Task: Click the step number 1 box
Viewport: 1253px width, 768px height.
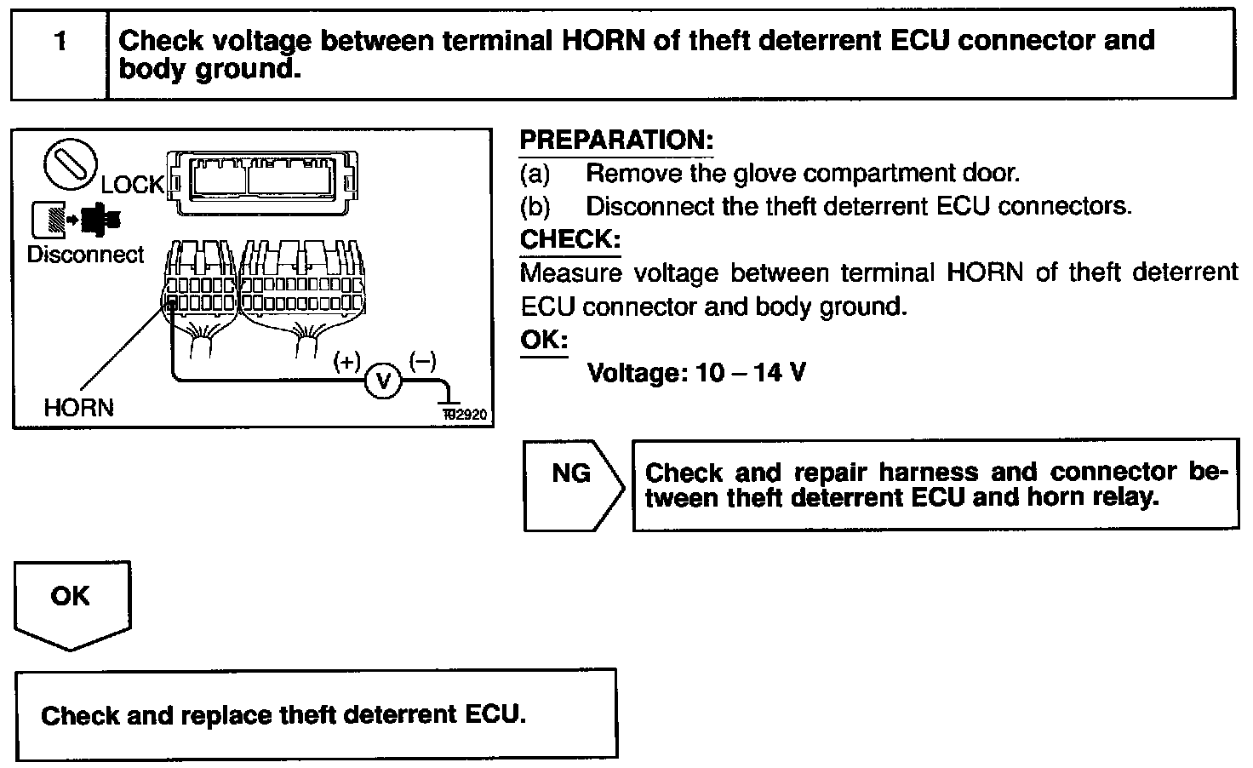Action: click(x=60, y=54)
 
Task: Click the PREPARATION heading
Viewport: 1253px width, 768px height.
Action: click(x=615, y=140)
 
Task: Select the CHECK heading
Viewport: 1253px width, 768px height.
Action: click(x=569, y=239)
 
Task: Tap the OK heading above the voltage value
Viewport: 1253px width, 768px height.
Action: click(x=543, y=340)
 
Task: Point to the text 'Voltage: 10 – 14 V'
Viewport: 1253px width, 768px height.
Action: click(x=696, y=373)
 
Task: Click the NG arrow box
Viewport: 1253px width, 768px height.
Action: click(x=573, y=485)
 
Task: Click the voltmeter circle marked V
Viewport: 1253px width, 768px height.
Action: click(x=382, y=381)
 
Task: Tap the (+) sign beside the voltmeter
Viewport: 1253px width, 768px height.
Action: click(x=346, y=362)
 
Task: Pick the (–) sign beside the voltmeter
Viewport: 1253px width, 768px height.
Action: click(x=423, y=361)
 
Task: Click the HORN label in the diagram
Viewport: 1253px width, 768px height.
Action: click(x=78, y=408)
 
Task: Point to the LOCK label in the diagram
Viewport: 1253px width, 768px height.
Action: click(x=132, y=185)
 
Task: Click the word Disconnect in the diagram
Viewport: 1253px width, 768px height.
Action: click(x=85, y=255)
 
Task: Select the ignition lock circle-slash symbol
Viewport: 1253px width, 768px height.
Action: click(x=70, y=164)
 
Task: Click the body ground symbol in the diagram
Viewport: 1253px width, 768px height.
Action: click(x=448, y=398)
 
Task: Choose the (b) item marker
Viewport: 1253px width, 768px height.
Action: click(x=535, y=207)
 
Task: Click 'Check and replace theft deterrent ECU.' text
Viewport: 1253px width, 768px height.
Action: click(x=283, y=714)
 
